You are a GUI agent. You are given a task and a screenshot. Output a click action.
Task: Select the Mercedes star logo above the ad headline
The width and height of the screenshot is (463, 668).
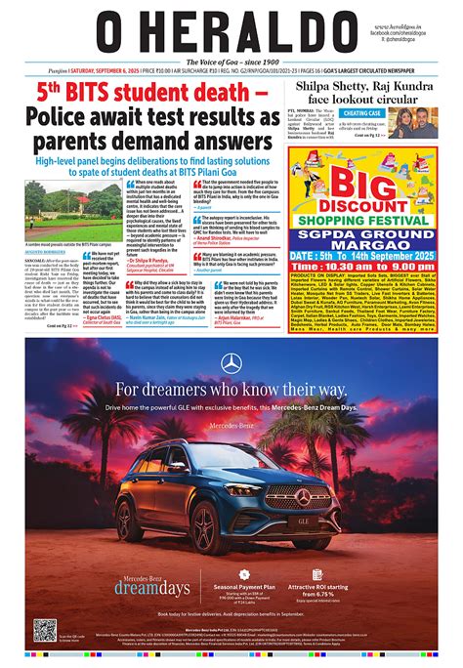click(x=231, y=363)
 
